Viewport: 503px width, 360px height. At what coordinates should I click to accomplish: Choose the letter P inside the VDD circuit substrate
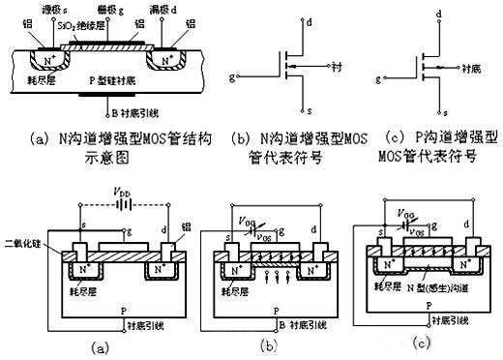tap(119, 302)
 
